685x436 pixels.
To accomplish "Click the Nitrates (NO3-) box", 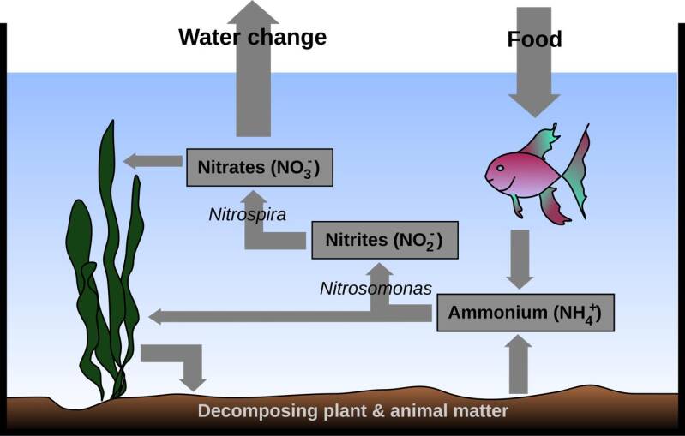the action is [x=260, y=168].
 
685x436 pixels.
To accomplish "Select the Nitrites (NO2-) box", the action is [x=385, y=240].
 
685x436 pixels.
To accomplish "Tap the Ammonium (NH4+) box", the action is [x=526, y=313].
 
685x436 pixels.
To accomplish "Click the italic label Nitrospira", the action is [x=247, y=214].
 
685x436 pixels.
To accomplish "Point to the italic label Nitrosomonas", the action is [x=376, y=289].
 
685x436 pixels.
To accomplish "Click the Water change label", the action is [x=253, y=37].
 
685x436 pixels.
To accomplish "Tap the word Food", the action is [x=534, y=39].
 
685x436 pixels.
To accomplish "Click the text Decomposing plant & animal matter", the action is [x=353, y=411].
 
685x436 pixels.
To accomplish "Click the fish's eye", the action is [x=500, y=168].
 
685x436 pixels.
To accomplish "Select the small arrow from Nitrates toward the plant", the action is [x=153, y=162].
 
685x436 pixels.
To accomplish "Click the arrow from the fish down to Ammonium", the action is [x=520, y=260].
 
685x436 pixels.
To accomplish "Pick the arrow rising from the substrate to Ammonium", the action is [x=519, y=364].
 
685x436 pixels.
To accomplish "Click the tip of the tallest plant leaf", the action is [x=112, y=121].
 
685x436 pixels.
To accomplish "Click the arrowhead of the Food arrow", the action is [x=534, y=105].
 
